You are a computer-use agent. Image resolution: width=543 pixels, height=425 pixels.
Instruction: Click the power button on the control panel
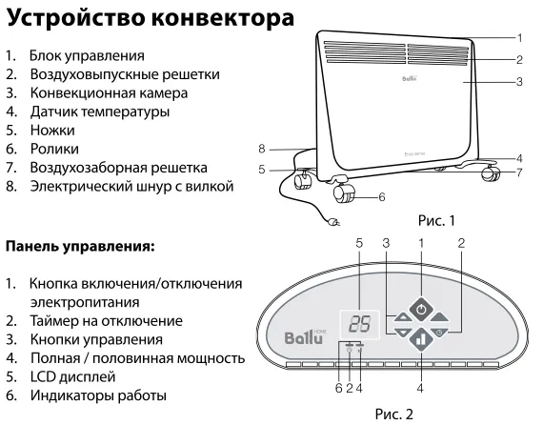[x=421, y=310]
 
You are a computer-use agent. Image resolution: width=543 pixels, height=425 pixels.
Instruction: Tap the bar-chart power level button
[x=421, y=339]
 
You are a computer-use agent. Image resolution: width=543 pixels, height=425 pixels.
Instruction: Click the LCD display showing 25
[x=360, y=325]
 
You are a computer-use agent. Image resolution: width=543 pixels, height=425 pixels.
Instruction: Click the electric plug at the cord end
[x=333, y=222]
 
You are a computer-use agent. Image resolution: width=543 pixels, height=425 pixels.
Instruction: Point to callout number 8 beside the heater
[x=262, y=149]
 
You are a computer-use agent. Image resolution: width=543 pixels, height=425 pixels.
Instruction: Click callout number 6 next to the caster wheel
[x=382, y=197]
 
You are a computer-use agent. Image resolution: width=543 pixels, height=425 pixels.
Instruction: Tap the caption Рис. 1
[x=436, y=221]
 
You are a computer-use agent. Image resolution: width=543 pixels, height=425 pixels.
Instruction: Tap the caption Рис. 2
[x=394, y=414]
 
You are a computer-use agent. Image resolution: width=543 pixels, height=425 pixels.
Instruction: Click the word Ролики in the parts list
[x=54, y=149]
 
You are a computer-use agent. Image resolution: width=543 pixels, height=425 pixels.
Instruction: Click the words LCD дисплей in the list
[x=72, y=376]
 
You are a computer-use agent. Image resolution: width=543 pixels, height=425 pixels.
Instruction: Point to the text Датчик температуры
[x=100, y=111]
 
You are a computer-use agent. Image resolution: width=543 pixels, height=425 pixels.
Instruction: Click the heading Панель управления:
[x=80, y=247]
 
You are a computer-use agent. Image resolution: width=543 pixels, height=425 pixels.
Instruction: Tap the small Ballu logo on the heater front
[x=410, y=78]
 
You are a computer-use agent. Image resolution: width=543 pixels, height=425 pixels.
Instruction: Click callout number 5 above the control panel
[x=359, y=244]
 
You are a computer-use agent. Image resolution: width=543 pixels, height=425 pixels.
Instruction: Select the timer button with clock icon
[x=439, y=333]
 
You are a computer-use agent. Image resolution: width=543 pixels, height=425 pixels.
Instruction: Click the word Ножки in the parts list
[x=52, y=131]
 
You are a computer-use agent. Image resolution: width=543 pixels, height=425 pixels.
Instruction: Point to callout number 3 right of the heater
[x=519, y=82]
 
